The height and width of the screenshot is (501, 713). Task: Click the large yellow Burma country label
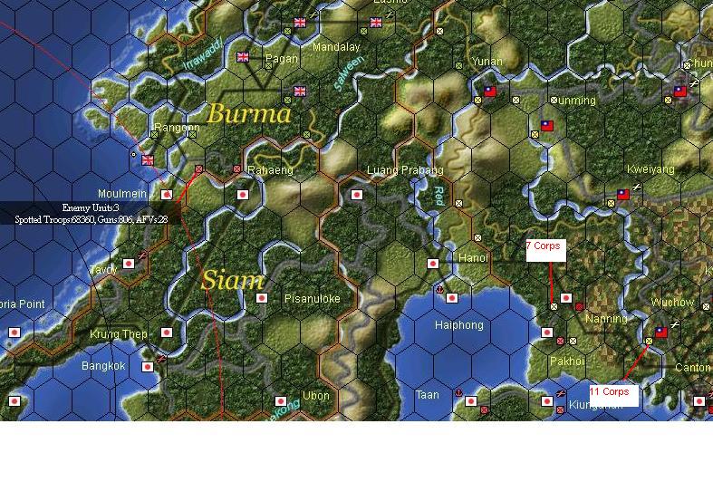click(x=249, y=114)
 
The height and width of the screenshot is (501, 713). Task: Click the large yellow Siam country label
click(x=233, y=280)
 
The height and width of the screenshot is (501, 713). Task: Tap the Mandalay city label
click(x=335, y=47)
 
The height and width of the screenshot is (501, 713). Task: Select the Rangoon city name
click(x=177, y=129)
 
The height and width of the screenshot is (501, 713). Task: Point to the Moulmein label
click(x=123, y=194)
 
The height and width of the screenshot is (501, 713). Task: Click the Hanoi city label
click(x=473, y=258)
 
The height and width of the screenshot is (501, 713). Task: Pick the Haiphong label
click(x=459, y=325)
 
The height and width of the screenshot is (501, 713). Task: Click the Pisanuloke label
click(x=312, y=299)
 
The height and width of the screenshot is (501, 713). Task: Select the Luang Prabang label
click(x=405, y=170)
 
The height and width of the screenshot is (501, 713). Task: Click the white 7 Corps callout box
click(x=545, y=250)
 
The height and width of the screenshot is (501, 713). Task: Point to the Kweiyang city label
click(x=650, y=169)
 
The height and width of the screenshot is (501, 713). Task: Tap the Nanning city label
click(x=606, y=319)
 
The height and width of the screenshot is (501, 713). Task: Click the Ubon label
click(x=316, y=396)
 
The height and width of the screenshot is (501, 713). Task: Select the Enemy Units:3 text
click(x=91, y=208)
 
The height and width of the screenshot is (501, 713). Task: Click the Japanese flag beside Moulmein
click(x=167, y=194)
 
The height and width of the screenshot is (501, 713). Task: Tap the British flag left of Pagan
click(x=243, y=57)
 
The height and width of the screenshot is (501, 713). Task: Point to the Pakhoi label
click(x=567, y=361)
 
